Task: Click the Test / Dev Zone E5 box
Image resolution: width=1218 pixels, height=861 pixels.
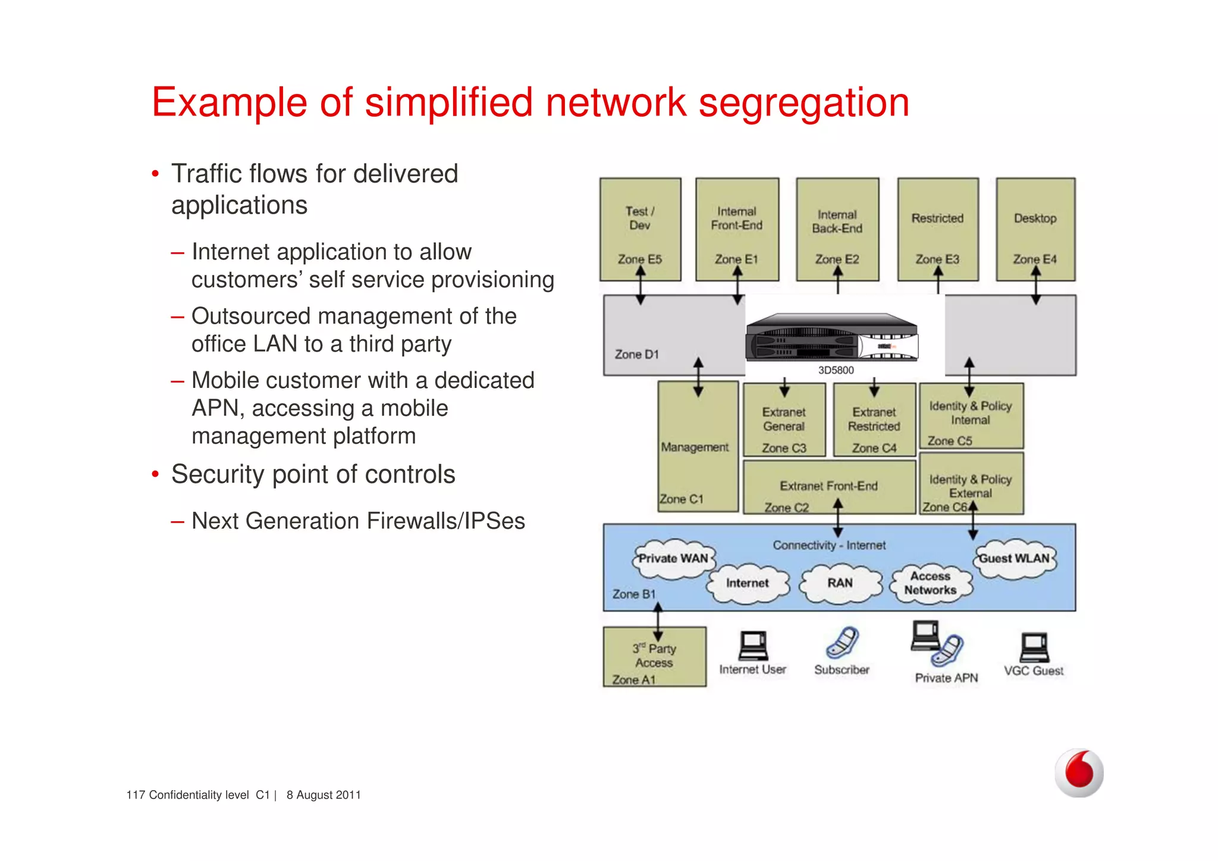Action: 640,229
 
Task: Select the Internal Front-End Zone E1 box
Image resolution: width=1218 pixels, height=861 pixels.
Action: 737,229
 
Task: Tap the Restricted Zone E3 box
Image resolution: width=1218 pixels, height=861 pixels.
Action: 937,229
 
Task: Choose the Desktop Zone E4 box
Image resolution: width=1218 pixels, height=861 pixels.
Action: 1035,229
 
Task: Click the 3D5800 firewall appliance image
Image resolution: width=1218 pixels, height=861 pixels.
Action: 832,338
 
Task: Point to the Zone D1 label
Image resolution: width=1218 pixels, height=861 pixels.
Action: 636,355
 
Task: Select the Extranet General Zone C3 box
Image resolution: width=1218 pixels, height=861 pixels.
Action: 784,420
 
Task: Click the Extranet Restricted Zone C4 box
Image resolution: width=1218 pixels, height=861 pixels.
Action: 874,420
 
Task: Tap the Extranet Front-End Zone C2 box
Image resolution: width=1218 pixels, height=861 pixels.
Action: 828,487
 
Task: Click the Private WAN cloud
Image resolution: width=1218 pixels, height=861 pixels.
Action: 673,559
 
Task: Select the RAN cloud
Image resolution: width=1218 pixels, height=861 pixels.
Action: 840,583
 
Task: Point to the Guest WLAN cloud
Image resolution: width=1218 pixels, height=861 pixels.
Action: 1015,559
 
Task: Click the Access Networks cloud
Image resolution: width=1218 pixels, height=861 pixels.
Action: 930,583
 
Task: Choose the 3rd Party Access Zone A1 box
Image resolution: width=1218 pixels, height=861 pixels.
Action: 654,657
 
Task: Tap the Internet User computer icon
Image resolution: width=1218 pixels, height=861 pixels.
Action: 752,646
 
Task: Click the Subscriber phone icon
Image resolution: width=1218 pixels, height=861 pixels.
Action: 842,643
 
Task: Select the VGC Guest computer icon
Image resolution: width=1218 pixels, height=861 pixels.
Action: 1034,647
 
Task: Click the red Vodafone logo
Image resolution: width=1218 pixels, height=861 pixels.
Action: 1079,772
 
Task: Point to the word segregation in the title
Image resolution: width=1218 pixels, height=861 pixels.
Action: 803,102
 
